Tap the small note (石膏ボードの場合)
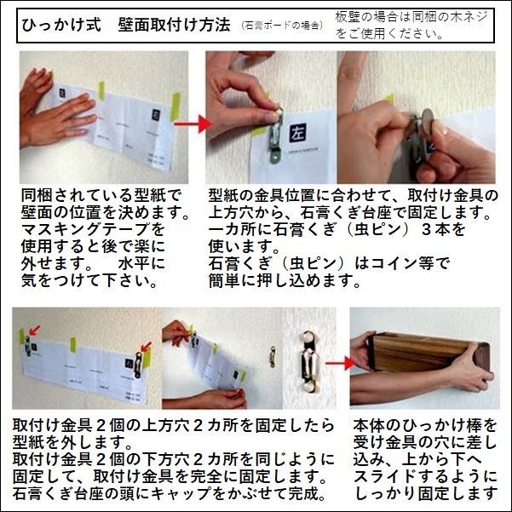(282, 27)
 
